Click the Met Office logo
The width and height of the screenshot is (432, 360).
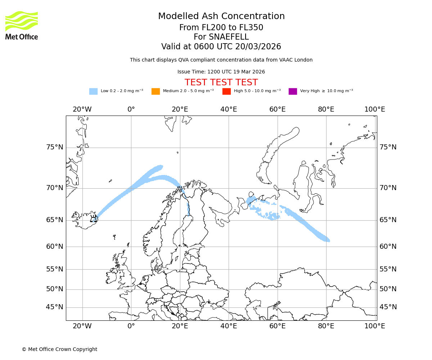coord(22,25)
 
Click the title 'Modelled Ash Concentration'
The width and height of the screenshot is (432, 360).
coord(221,17)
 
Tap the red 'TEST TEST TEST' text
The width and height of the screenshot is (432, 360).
coord(221,82)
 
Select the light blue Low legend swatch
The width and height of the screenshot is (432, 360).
coord(93,91)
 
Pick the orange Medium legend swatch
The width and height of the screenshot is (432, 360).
coord(156,91)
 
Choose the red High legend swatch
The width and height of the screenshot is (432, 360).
coord(226,91)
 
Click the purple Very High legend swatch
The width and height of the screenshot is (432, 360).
coord(293,91)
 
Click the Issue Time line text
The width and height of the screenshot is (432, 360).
coord(221,72)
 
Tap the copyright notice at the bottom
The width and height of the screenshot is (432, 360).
coord(59,349)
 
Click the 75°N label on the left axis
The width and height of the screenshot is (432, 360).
coord(55,147)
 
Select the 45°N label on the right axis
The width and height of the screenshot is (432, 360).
coord(388,307)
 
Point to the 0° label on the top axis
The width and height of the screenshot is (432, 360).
coord(131,109)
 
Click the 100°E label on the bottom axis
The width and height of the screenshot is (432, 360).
coord(375,326)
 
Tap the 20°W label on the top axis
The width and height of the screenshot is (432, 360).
coord(82,109)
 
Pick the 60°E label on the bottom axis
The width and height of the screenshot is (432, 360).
coord(277,326)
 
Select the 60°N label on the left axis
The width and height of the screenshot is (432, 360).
coord(55,247)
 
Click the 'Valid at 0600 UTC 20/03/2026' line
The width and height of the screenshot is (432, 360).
coord(221,47)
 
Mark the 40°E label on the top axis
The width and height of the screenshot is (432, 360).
coord(229,109)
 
